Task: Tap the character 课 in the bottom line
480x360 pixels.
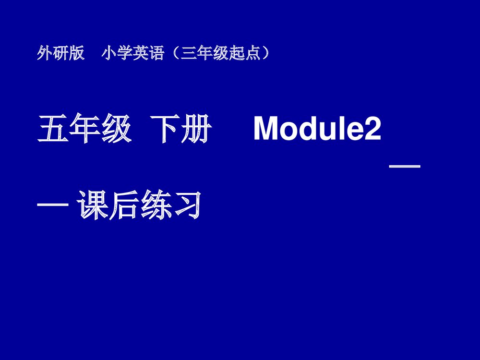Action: (x=93, y=206)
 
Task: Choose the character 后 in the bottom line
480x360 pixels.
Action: (x=124, y=206)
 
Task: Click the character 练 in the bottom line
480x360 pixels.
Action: (x=155, y=206)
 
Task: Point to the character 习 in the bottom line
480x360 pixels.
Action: (x=185, y=206)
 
